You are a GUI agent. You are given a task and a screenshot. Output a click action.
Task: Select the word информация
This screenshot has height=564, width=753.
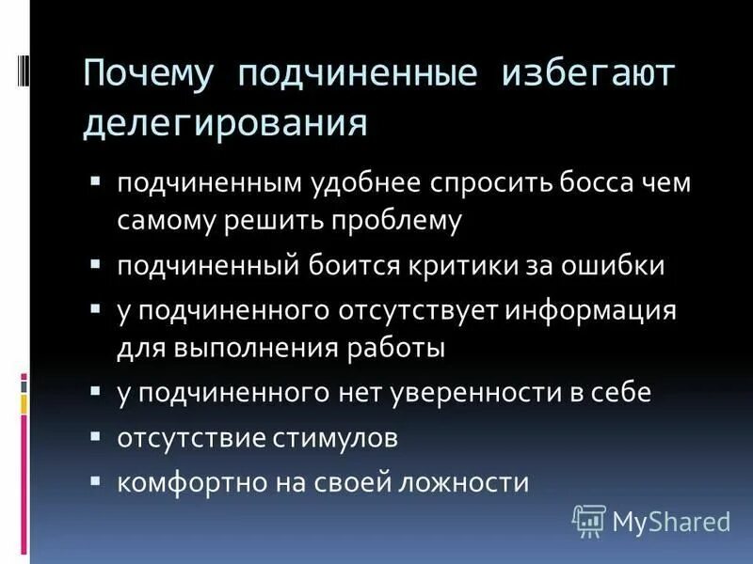[591, 310]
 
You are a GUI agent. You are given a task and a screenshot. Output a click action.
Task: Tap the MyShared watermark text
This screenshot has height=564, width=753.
[671, 520]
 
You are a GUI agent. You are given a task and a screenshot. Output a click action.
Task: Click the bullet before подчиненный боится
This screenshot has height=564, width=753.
[96, 264]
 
